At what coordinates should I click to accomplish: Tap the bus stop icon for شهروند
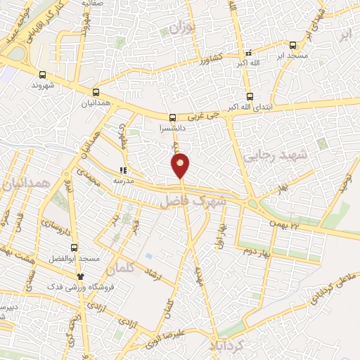click(44, 75)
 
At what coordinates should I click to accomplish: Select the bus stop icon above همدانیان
click(96, 91)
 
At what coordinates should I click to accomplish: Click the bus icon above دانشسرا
click(173, 118)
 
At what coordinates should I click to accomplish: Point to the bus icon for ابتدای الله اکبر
click(250, 96)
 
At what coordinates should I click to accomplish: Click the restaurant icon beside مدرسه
click(124, 169)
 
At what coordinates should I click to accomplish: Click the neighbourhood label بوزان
click(181, 29)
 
